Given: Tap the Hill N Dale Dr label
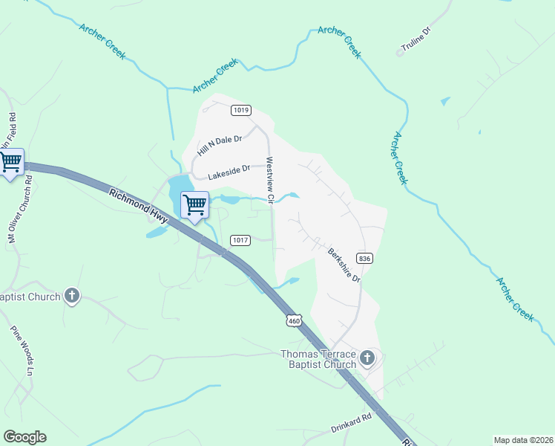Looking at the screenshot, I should (220, 145).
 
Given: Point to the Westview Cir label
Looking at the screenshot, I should (271, 180).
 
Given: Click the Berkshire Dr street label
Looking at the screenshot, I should (344, 264).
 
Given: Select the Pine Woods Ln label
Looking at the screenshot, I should (22, 349).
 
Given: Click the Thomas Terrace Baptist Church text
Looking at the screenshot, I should (318, 359).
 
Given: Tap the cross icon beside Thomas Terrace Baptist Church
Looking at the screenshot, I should (367, 360).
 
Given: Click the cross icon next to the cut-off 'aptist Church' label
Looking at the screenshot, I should (72, 297).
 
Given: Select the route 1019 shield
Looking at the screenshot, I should (240, 110).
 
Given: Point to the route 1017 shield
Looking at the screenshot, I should (240, 240).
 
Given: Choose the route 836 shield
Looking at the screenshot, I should (364, 258).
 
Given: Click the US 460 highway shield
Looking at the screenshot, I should (295, 320).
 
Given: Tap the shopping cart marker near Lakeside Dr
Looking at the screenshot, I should (194, 204).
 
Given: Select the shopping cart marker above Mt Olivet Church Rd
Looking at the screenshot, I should (11, 162).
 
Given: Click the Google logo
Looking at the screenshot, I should (24, 436).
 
